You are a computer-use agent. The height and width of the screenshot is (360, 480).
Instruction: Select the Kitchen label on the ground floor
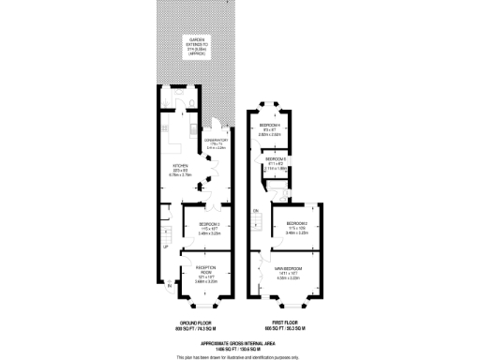click(x=180, y=165)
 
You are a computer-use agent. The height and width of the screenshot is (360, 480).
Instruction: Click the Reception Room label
click(x=208, y=270)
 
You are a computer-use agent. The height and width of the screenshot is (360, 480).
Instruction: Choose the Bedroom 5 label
click(x=275, y=159)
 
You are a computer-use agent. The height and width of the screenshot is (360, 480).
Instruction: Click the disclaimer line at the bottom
click(x=240, y=355)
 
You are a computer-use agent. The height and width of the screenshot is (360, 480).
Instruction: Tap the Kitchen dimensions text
click(x=180, y=174)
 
